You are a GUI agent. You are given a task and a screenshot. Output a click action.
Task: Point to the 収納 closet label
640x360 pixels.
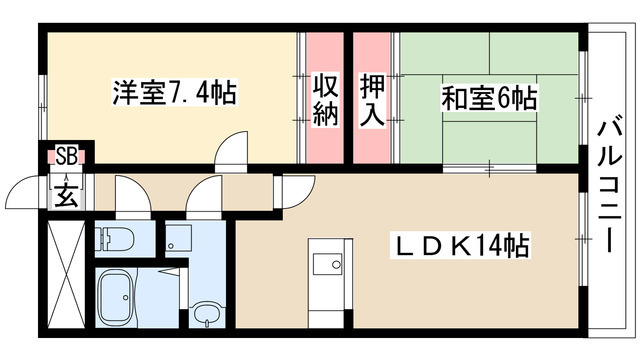coord(323,98)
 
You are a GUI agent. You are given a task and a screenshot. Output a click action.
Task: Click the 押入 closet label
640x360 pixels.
coord(373,98)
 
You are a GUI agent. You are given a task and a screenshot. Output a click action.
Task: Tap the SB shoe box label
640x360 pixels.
coord(66,155)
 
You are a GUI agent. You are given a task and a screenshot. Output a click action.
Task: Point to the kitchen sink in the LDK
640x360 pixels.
coord(325,265)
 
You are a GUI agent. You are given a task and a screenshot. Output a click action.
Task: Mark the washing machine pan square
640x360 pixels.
coord(178,239)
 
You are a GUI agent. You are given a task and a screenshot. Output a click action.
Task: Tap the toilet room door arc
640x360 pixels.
coord(131,193)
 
